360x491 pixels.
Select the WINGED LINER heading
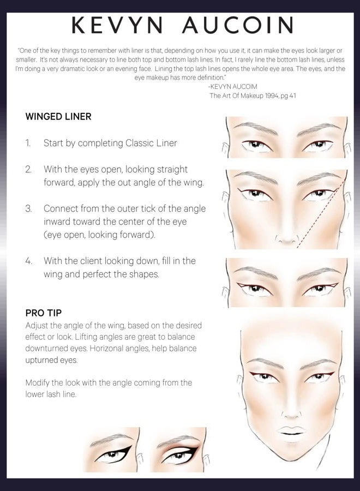tap(58, 117)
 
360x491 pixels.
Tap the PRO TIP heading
tap(43, 313)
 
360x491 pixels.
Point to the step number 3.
tap(28, 208)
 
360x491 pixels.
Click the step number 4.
tap(28, 261)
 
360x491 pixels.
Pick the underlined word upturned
tap(45, 361)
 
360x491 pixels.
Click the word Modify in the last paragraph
tap(38, 383)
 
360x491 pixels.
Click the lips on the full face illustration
tap(290, 431)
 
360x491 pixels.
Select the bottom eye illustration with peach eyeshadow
tap(178, 453)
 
